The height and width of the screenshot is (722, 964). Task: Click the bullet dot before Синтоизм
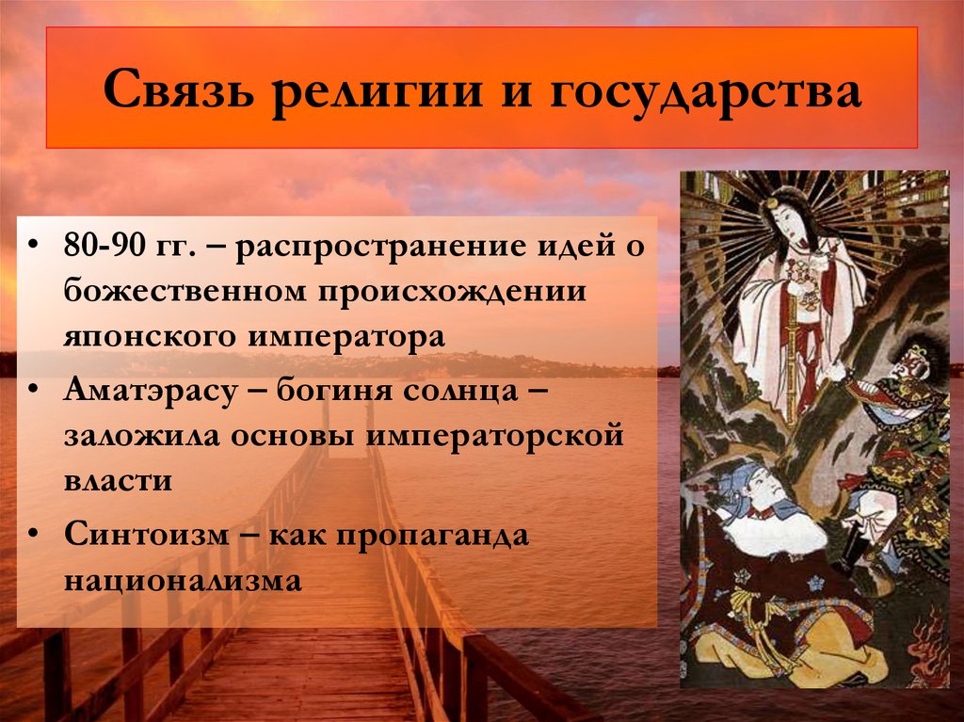coord(34,535)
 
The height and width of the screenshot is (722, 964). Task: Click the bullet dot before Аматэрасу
coord(34,390)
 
